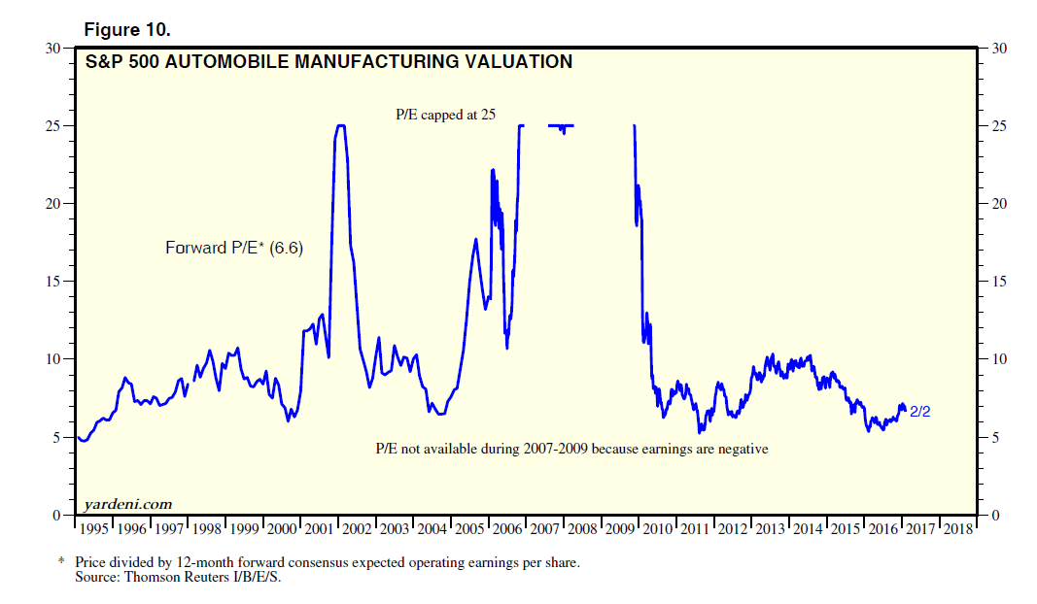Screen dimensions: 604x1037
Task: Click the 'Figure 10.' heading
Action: click(127, 29)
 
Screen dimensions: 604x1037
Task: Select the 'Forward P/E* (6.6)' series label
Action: click(234, 249)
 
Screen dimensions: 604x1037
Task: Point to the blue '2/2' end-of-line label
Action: click(920, 412)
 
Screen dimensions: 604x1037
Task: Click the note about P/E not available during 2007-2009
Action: click(571, 449)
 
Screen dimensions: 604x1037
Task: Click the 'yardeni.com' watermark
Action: click(129, 503)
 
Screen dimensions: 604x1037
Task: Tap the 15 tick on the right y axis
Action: click(995, 282)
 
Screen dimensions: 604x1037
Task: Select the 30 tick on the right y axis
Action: click(995, 48)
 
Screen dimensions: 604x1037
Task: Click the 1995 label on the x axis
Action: click(95, 529)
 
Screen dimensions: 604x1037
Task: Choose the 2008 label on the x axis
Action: click(582, 529)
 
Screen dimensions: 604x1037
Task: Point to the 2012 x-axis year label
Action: click(732, 529)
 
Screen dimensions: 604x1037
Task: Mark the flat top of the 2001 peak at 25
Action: click(340, 125)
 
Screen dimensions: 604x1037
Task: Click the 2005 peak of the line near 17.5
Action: click(475, 239)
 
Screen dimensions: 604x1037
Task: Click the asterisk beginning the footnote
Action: click(61, 563)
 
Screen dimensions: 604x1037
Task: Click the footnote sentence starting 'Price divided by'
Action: click(327, 563)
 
